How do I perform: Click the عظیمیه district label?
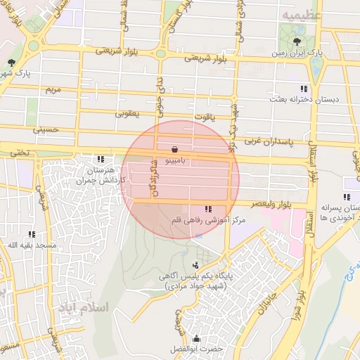coord(302,15)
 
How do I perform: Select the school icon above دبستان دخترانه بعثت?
coord(303,89)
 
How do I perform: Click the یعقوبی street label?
coord(127,112)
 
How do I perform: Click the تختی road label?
coord(20,151)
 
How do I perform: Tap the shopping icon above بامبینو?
coord(174,149)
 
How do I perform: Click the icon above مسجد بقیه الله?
coord(31,233)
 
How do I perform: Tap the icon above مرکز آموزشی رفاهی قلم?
coord(207,209)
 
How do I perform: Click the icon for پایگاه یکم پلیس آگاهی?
coord(195,265)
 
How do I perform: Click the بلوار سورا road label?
coord(300,286)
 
